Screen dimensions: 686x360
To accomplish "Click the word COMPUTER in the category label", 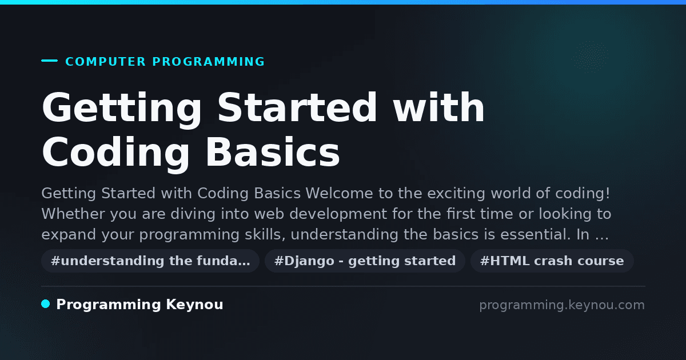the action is tap(106, 62).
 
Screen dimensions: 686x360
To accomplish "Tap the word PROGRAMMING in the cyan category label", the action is tap(208, 62).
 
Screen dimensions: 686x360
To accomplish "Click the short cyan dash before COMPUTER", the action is tap(49, 61).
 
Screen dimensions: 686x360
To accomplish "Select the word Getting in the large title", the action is tap(122, 109).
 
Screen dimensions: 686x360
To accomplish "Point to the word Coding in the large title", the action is tap(115, 154).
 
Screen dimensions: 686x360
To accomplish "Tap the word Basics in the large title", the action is tap(273, 152).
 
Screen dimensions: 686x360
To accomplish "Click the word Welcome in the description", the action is tap(339, 193).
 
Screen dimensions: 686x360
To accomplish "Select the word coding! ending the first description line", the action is tap(583, 193).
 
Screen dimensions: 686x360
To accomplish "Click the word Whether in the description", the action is tap(73, 214).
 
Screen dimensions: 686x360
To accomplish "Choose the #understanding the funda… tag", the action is tap(150, 261).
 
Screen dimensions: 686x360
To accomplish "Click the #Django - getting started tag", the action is tap(365, 261).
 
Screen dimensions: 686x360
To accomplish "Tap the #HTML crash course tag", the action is tap(552, 261).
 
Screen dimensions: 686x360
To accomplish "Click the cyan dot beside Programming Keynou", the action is tap(46, 304).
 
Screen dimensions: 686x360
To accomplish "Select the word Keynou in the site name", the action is tap(194, 305).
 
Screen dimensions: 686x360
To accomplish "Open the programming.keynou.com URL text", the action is tap(562, 305).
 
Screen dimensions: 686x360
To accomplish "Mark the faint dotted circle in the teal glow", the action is tap(591, 57).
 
